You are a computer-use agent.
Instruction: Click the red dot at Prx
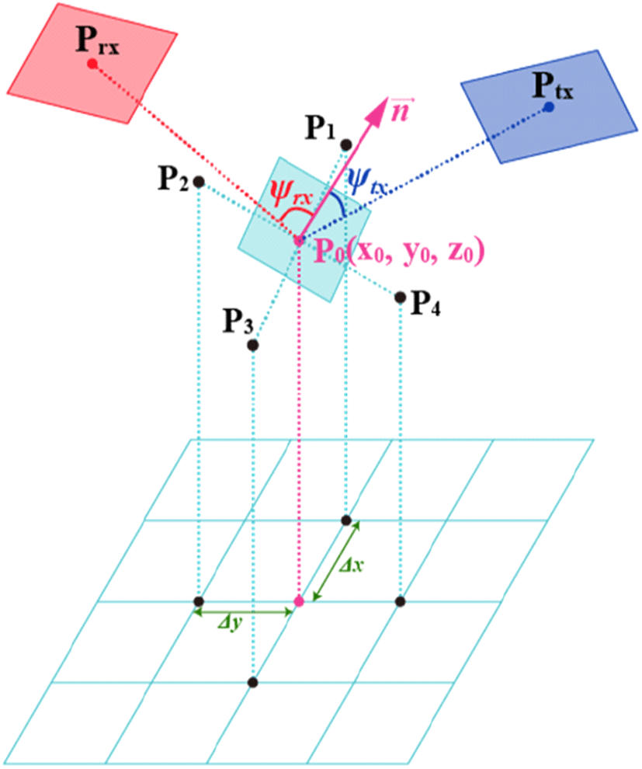coord(92,63)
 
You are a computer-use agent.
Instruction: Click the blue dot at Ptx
coord(549,106)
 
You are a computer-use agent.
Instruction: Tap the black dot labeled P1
coord(346,144)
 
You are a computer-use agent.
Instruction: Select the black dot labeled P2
coord(199,182)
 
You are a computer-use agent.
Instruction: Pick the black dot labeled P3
coord(253,346)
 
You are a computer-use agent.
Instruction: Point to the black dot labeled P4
coord(401,298)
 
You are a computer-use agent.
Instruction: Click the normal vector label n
coord(400,109)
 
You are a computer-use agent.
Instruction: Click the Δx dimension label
coord(352,565)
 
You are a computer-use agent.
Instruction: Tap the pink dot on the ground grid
coord(298,601)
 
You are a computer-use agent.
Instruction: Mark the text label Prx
coord(98,40)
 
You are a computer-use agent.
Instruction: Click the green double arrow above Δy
coord(244,612)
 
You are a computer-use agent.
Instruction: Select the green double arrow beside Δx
coord(336,561)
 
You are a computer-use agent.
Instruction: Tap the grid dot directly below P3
coord(253,682)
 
